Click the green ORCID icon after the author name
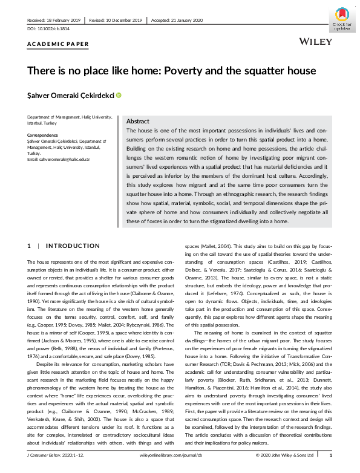click(119, 95)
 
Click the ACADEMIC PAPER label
click(58, 44)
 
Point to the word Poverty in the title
click(183, 71)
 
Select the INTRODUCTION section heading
click(73, 246)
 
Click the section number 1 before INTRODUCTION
click(29, 246)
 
